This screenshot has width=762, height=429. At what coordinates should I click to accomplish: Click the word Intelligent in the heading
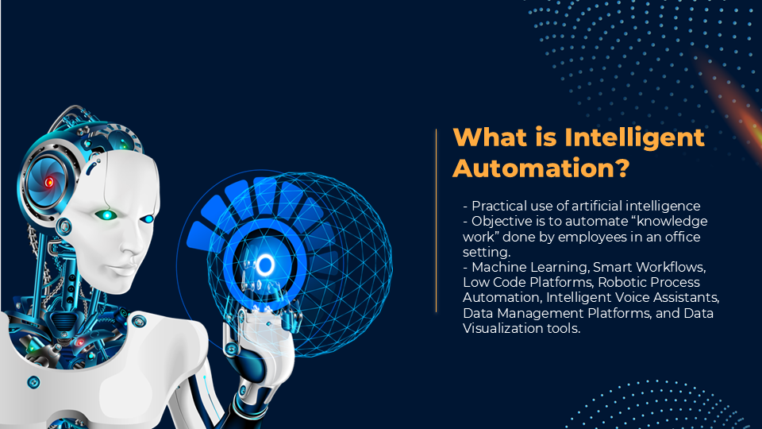pyautogui.click(x=634, y=138)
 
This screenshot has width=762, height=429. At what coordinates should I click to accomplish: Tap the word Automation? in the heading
pyautogui.click(x=541, y=168)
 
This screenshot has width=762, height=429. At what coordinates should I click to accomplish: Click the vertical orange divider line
pyautogui.click(x=437, y=220)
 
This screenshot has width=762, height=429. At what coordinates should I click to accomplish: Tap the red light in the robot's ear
pyautogui.click(x=48, y=183)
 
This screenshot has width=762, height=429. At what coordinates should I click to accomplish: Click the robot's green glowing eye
pyautogui.click(x=106, y=215)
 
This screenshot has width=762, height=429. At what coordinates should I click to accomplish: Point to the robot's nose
pyautogui.click(x=133, y=244)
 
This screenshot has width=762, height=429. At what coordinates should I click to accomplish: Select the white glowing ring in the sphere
pyautogui.click(x=265, y=265)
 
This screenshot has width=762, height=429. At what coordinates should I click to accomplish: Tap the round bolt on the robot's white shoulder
pyautogui.click(x=138, y=320)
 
